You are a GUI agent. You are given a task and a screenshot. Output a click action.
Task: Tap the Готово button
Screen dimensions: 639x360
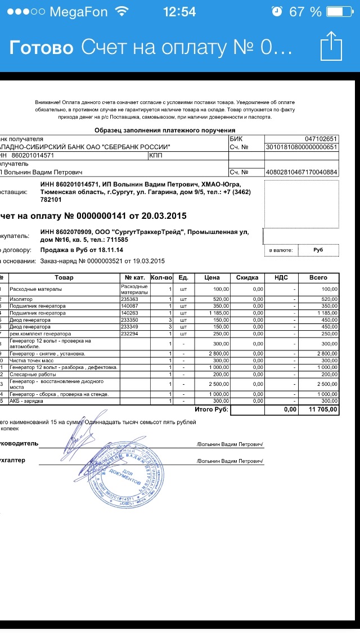coord(41,47)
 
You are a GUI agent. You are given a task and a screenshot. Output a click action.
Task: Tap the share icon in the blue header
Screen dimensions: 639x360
coord(331,46)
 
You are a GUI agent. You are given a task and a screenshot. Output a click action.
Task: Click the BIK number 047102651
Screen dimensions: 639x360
coord(321,139)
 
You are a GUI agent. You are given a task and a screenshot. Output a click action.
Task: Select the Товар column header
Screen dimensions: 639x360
coord(64,278)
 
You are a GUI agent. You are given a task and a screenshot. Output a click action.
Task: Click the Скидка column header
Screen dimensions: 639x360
coord(247,278)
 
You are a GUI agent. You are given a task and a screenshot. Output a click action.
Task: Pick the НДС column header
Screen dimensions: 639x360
coord(281,278)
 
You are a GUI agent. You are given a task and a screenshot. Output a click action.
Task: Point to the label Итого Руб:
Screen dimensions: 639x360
coord(211,409)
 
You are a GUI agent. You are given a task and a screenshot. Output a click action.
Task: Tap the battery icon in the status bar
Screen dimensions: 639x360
coord(340,12)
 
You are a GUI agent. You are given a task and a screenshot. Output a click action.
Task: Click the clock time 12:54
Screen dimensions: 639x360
coord(179,12)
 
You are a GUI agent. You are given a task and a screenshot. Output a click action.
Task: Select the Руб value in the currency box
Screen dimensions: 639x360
coord(318,250)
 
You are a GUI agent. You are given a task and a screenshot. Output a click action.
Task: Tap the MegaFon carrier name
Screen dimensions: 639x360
coord(78,12)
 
